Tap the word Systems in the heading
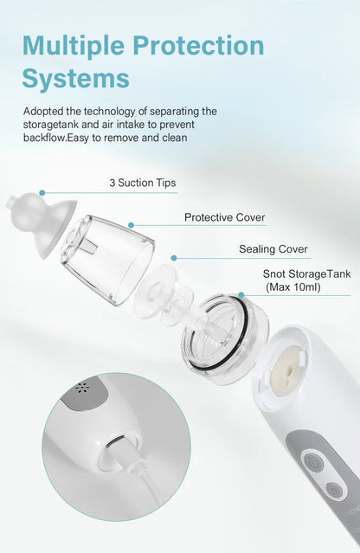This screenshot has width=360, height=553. [76, 78]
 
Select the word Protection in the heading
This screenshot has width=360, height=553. [203, 45]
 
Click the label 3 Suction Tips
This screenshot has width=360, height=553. [143, 183]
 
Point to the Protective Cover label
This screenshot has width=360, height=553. [225, 217]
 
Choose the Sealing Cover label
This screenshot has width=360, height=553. [273, 249]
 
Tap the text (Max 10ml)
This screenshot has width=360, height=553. [292, 287]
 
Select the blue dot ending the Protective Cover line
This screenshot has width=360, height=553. [132, 225]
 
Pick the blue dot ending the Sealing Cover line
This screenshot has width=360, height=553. [174, 257]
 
